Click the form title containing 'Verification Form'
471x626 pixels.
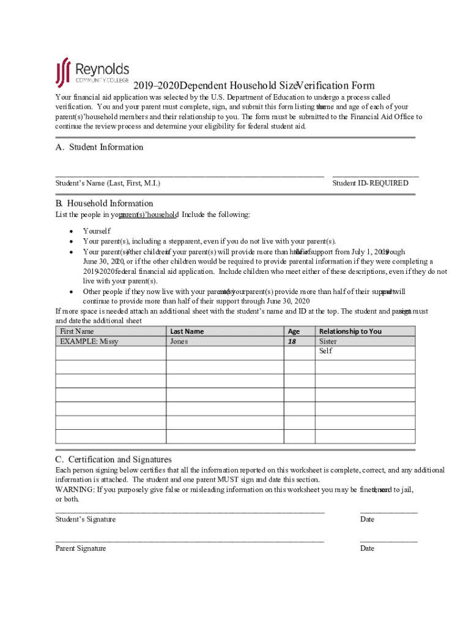point(254,86)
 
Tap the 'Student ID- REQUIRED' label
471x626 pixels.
point(370,183)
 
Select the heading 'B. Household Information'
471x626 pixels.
point(104,203)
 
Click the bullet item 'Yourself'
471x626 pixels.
point(97,231)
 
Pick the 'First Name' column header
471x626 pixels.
point(77,331)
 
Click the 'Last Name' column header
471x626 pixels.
point(187,331)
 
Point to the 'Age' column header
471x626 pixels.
point(294,331)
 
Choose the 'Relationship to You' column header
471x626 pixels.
point(350,331)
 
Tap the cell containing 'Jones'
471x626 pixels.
point(179,342)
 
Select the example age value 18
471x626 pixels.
point(292,342)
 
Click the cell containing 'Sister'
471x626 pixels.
point(328,342)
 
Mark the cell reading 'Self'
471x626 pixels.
point(325,352)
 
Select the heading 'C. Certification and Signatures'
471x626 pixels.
point(113,459)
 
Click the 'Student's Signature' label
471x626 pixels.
point(86,519)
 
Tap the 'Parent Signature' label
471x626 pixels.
point(81,548)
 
